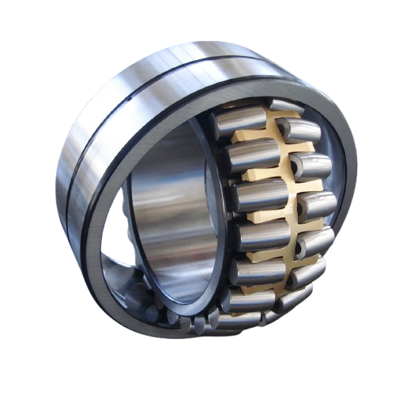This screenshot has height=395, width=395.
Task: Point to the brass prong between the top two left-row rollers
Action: click(x=253, y=136)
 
